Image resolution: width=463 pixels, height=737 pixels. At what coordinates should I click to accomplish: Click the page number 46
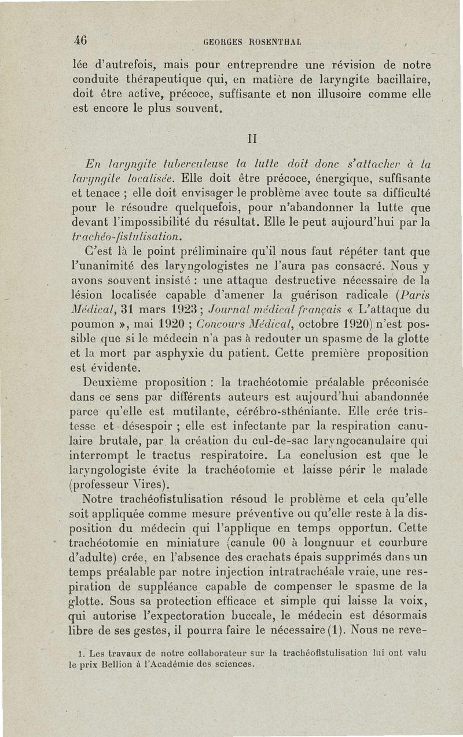click(x=80, y=41)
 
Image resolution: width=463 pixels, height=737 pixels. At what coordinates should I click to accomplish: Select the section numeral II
click(x=251, y=140)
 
